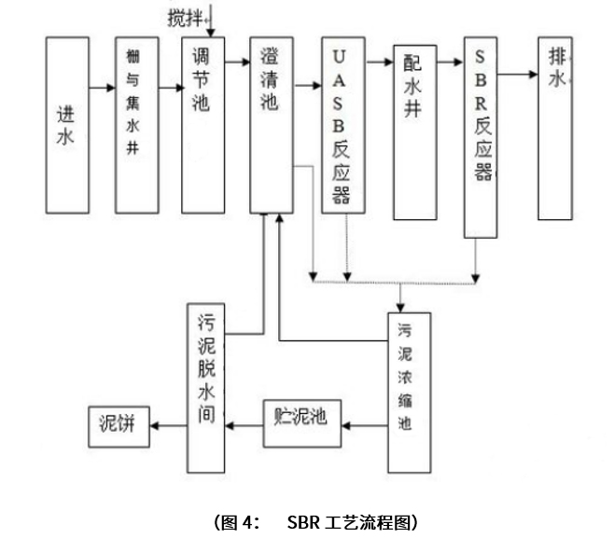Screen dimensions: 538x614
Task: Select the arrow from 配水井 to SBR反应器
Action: click(450, 62)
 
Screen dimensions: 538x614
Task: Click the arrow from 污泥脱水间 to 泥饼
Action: click(166, 424)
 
